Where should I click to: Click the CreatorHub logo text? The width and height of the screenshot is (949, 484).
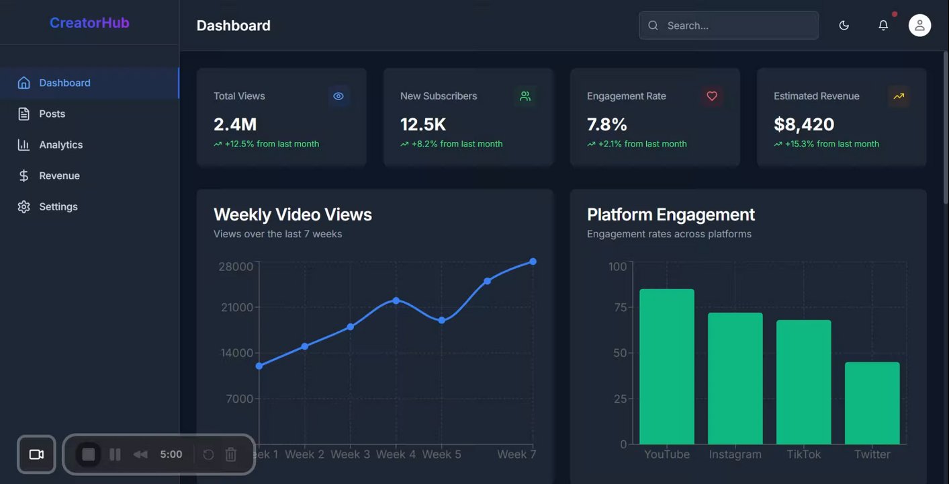coord(89,23)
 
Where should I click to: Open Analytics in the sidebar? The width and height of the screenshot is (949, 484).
coord(60,145)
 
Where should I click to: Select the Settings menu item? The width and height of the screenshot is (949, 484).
coord(58,206)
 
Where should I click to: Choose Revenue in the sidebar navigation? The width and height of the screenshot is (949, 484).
coord(59,175)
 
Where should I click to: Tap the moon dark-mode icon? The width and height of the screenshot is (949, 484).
coord(844,26)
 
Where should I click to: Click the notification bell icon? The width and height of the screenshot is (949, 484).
coord(883,26)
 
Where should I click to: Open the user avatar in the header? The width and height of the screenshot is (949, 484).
coord(919,26)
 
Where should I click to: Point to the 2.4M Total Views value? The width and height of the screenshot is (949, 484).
coord(235,124)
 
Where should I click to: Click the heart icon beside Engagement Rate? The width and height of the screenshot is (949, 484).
coord(712,96)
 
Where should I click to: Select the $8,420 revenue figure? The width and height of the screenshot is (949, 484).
coord(804,124)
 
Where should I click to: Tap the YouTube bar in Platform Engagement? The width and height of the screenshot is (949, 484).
coord(666,366)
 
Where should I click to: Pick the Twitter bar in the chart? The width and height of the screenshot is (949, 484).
coord(872,403)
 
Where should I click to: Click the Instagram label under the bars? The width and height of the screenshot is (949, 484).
coord(735,454)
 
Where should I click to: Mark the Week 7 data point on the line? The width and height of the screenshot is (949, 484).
coord(533,261)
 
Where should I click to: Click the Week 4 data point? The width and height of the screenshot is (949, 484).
coord(396,300)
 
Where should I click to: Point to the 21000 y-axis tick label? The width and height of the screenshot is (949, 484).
coord(236,307)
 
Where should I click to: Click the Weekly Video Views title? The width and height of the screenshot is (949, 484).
coord(292,214)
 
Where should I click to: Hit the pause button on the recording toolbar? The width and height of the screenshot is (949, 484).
coord(115,454)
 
